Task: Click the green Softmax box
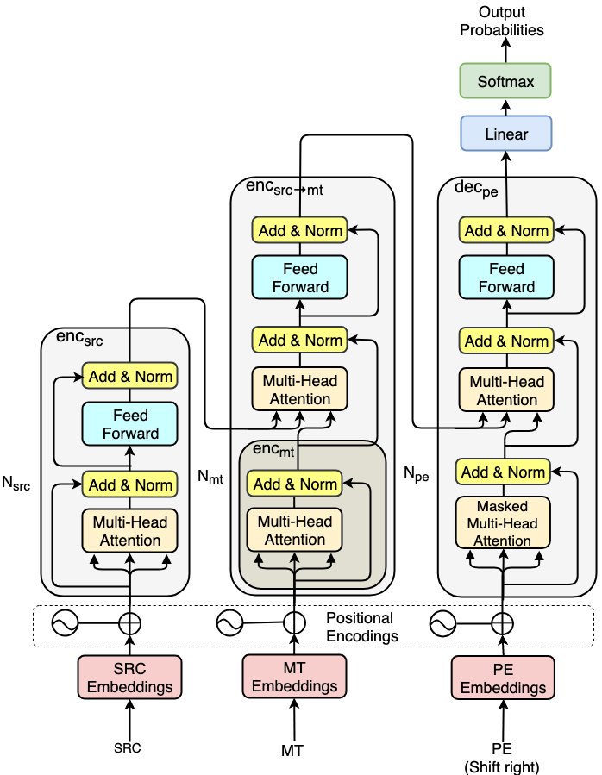pos(505,80)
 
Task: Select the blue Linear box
pos(506,134)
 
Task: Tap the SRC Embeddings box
pos(129,677)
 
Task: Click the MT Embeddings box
pos(294,677)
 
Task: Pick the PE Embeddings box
pos(503,678)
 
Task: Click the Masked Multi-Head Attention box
pos(503,523)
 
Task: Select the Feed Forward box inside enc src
pos(129,424)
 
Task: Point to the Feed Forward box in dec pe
pos(506,278)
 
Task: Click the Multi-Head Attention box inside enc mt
pos(294,530)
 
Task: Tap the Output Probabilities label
pos(502,21)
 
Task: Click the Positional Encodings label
pos(361,627)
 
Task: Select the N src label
pos(16,483)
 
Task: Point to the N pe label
pos(416,473)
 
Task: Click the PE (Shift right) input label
pos(502,758)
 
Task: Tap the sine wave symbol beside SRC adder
pos(65,622)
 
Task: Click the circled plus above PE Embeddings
pos(503,623)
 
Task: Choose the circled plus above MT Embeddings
pos(294,622)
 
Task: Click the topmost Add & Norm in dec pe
pos(506,230)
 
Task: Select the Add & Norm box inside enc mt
pos(294,484)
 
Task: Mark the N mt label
pos(210,477)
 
